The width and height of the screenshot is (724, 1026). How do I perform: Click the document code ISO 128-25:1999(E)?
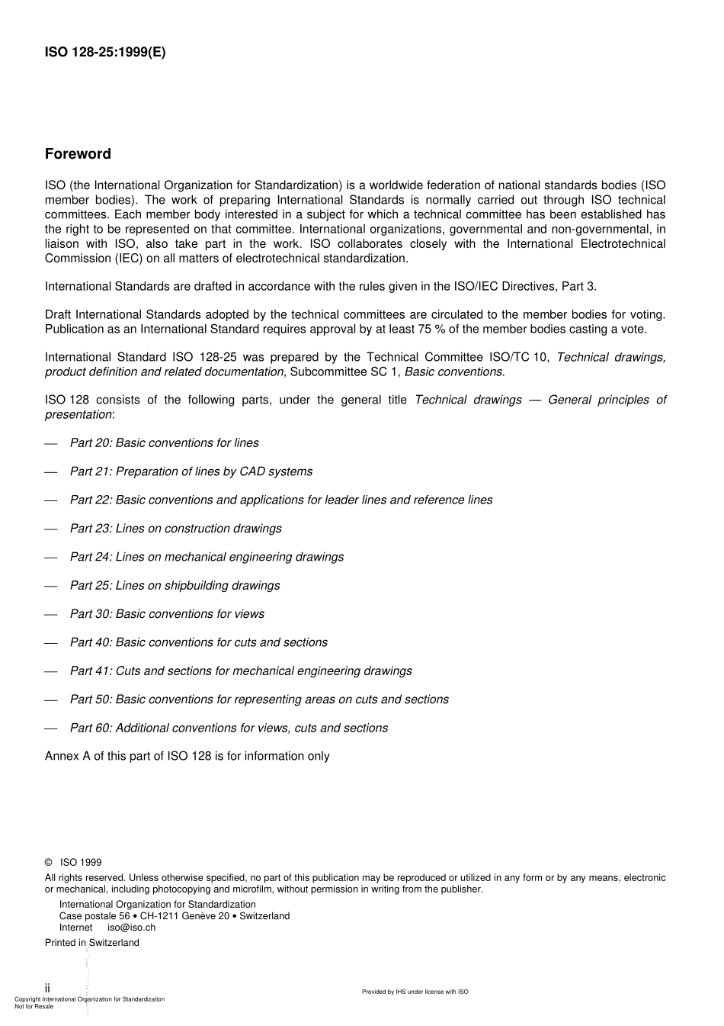pos(104,53)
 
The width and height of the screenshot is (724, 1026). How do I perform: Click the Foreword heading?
pos(78,154)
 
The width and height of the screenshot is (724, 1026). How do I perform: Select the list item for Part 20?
pos(164,443)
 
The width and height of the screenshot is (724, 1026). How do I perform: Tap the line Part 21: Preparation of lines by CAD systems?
pos(191,471)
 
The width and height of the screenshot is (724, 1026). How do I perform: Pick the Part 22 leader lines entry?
pos(280,500)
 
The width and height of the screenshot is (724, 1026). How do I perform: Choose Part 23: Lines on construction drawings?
pos(175,529)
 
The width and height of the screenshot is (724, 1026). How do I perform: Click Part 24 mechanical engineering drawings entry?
pos(207,557)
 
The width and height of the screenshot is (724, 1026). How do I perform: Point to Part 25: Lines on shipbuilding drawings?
pos(175,586)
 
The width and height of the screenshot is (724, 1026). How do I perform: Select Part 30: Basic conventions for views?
pos(167,614)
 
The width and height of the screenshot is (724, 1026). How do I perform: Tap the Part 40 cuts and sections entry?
pos(198,642)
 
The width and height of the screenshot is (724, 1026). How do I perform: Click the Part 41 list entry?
pos(241,671)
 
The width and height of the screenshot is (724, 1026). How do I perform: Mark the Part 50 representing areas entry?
pos(259,700)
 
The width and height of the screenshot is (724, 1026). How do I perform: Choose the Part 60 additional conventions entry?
pos(229,728)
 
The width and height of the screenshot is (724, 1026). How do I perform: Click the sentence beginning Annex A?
pos(187,757)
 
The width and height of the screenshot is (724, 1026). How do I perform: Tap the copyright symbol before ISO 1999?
pos(49,863)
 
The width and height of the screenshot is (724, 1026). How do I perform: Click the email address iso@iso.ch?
pos(131,928)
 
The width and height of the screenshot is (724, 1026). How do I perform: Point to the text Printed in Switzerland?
pos(92,943)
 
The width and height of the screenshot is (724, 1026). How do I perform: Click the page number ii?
pos(47,988)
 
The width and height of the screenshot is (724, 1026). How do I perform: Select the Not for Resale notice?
pos(34,1006)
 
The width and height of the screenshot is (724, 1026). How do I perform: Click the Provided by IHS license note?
pos(415,992)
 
